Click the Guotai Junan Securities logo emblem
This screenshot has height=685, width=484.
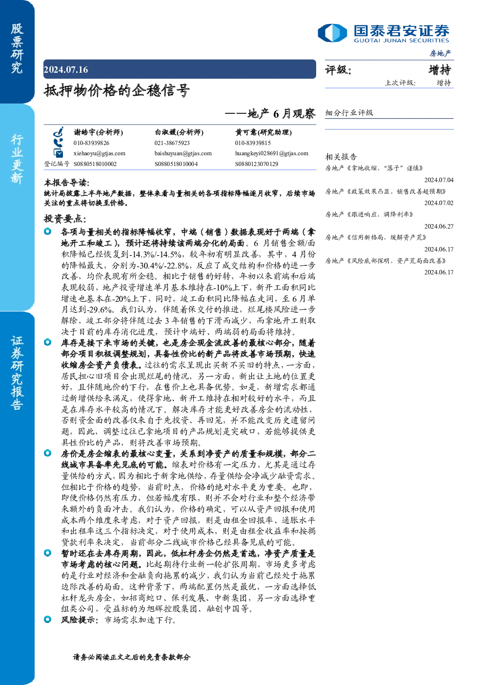(x=332, y=33)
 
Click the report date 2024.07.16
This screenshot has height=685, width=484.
(x=66, y=70)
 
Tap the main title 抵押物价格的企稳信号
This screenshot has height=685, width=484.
(x=117, y=90)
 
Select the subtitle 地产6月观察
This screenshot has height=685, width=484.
(x=281, y=113)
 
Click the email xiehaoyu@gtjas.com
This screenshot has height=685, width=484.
(x=100, y=153)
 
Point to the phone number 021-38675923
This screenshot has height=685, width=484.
(x=172, y=143)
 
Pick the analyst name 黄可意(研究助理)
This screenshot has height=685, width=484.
(x=263, y=132)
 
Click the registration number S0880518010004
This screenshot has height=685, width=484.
(x=176, y=164)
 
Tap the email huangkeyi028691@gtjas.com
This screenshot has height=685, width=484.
(x=272, y=153)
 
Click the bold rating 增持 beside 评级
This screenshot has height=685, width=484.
(x=440, y=70)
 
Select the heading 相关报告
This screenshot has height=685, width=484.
(x=341, y=157)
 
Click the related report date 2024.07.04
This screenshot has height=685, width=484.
(x=439, y=180)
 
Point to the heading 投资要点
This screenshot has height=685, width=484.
(x=65, y=219)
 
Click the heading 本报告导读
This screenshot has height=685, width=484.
(x=67, y=183)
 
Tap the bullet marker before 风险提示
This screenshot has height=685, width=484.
(x=48, y=620)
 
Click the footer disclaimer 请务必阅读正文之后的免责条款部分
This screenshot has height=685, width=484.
(x=132, y=657)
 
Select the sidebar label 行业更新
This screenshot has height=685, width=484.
(x=17, y=159)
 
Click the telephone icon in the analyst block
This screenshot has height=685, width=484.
(x=58, y=143)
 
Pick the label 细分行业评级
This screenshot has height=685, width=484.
(x=349, y=112)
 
